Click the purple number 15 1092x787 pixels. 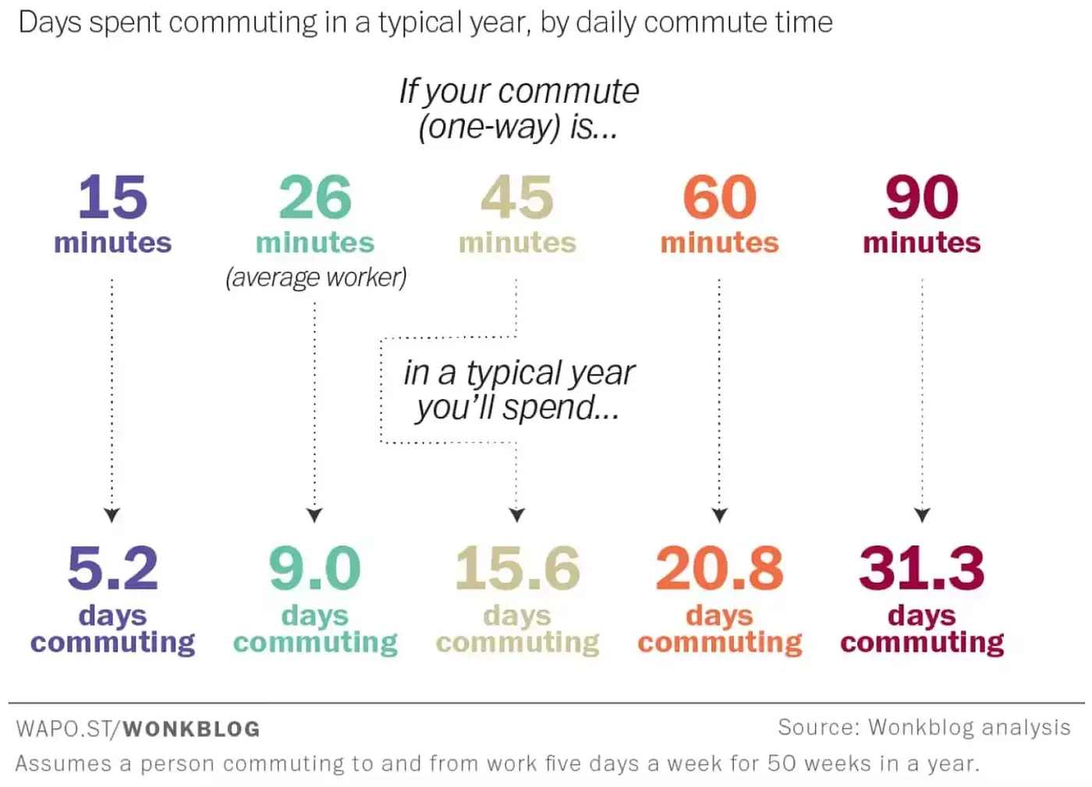pos(112,198)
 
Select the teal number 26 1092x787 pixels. pos(315,198)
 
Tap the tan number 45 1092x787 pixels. pos(517,198)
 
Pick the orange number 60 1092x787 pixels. pos(719,198)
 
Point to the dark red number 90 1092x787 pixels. pos(921,198)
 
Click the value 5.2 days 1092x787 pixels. pos(112,568)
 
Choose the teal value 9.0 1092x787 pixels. pos(315,568)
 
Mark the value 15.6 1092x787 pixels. pos(517,568)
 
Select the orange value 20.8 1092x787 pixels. pos(719,568)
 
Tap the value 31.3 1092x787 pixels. pos(921,568)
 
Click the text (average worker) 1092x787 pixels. pos(316,277)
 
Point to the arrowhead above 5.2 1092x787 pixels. pos(112,515)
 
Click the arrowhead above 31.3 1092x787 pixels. pos(922,515)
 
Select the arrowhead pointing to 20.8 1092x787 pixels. pos(720,515)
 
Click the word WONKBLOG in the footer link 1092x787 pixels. pos(191,729)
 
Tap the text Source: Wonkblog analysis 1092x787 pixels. pos(924,727)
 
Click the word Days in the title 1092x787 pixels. pos(49,23)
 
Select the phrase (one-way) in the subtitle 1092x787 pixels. pos(489,126)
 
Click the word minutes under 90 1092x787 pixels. pos(921,243)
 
